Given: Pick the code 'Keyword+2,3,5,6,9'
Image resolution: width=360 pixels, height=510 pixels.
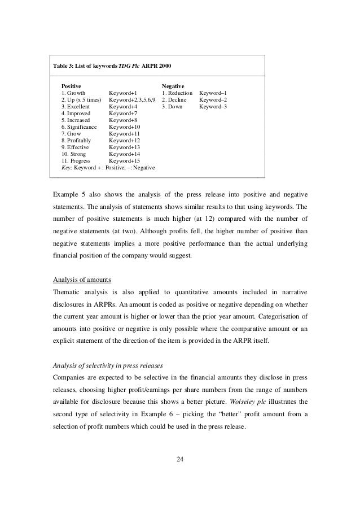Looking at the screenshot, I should (x=132, y=99).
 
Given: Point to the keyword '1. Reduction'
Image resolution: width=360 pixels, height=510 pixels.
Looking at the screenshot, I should (x=177, y=92).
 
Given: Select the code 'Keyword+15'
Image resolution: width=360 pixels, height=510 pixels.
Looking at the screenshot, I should (x=124, y=160).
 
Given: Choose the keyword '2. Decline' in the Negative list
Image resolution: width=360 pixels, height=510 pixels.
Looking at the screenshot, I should (x=175, y=99).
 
